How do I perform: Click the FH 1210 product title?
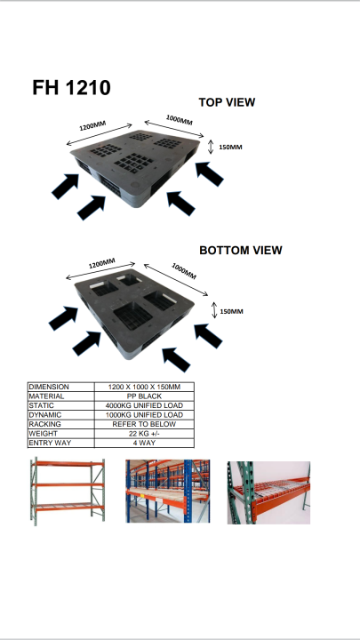(71, 87)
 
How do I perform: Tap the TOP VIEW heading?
(226, 102)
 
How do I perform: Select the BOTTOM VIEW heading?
(240, 251)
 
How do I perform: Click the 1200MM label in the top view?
(92, 128)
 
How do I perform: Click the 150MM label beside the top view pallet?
(230, 147)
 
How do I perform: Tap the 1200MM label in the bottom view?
(101, 265)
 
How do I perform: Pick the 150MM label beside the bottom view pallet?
(231, 311)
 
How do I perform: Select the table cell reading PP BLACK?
(143, 396)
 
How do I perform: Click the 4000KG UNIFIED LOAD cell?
(143, 405)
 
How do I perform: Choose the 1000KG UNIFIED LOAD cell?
(143, 415)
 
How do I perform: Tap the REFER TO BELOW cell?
(143, 424)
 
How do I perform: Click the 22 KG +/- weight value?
(143, 433)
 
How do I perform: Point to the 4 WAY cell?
(143, 443)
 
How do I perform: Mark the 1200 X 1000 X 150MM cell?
(143, 387)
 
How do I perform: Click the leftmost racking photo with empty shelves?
(67, 491)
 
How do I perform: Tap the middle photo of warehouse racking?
(167, 491)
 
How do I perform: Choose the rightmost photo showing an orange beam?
(268, 492)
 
